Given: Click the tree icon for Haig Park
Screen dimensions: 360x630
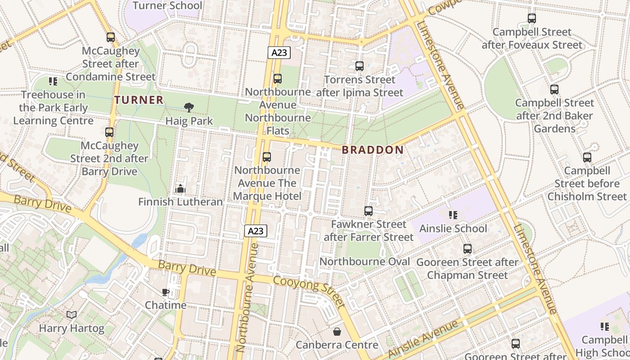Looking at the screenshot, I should pos(189,107).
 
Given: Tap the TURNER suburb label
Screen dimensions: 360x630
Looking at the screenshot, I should pos(139,100).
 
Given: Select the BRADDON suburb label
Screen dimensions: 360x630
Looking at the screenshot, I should pos(373,150).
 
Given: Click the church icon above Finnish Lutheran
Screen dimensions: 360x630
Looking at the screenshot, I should pos(180,189).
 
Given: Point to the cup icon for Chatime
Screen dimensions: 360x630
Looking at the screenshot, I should pos(166,292).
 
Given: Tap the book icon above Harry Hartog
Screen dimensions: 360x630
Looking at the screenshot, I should pos(72,315).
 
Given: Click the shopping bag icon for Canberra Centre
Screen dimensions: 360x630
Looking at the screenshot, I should pos(337,332).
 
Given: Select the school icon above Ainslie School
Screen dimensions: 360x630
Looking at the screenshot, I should pos(453,215).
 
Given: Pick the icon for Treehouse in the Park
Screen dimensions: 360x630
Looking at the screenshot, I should pos(53,81).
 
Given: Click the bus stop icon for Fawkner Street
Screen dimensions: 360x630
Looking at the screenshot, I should pos(369,211).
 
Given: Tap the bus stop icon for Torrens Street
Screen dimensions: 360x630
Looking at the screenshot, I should pos(360,66).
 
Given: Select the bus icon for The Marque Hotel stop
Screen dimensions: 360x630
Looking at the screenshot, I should pos(267,157).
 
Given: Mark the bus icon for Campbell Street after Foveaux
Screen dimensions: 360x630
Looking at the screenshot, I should pos(532,18).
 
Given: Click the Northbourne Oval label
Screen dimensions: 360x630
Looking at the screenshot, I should pos(364,261).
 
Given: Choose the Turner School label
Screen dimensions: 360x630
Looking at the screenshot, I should pos(167,6).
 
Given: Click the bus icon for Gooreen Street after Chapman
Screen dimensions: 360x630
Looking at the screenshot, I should pos(468,249).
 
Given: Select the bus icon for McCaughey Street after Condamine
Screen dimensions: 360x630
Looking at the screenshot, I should pos(111,37).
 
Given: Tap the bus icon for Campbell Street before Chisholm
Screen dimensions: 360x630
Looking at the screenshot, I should pos(587,157).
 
